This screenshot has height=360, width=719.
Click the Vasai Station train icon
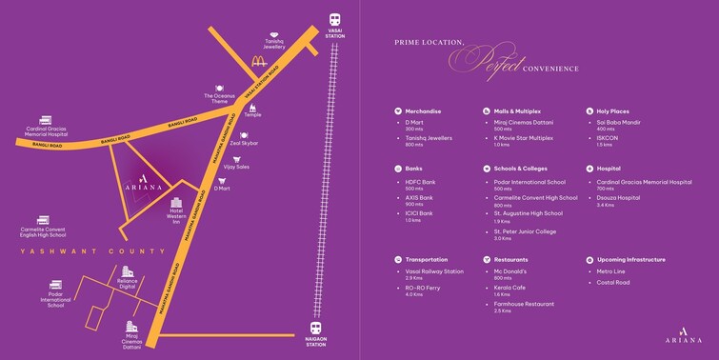pyautogui.click(x=335, y=19)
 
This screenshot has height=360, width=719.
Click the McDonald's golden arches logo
pyautogui.click(x=258, y=62)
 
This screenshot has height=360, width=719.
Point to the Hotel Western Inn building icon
pyautogui.click(x=176, y=203)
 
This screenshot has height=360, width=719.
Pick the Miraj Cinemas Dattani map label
pyautogui.click(x=132, y=340)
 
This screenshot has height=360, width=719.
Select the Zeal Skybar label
pyautogui.click(x=244, y=143)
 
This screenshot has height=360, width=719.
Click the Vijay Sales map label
pyautogui.click(x=235, y=167)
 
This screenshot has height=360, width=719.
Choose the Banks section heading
pyautogui.click(x=414, y=168)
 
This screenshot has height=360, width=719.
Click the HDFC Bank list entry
pyautogui.click(x=420, y=182)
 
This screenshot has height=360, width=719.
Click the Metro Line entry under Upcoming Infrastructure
pyautogui.click(x=610, y=270)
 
